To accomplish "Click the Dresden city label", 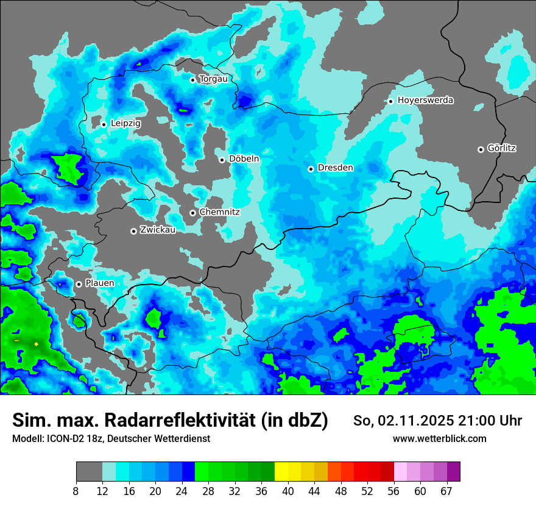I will [336, 168].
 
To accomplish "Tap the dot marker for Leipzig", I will [104, 124].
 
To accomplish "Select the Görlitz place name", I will [502, 148].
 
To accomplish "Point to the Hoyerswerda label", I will [425, 100].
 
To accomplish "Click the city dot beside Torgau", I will [192, 80].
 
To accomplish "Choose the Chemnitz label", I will [220, 212].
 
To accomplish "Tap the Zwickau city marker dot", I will [133, 231].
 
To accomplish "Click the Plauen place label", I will [100, 283].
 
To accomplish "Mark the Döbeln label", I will [244, 159].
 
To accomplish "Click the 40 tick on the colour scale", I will [288, 491].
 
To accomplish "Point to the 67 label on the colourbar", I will [446, 491].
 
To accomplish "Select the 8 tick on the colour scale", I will [76, 491].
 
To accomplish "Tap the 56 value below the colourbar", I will [393, 491].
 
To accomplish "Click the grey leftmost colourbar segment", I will [89, 472].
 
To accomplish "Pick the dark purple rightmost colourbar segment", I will [453, 472].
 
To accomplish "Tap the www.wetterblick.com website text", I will [439, 438].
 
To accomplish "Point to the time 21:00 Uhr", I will [497, 421].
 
